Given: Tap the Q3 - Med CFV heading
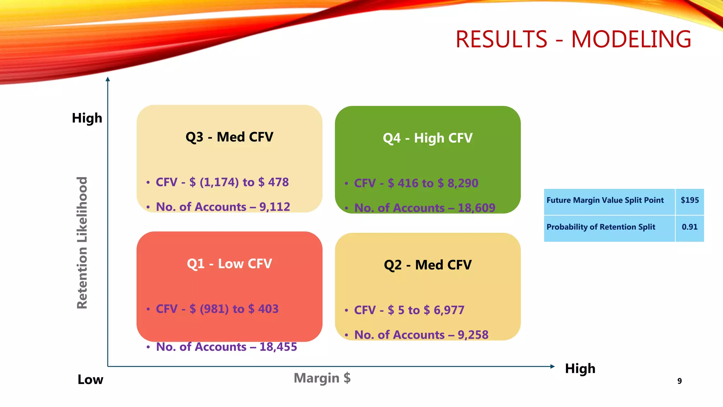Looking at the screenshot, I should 229,137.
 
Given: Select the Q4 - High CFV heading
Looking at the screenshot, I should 428,138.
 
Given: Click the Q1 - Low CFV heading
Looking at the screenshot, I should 229,264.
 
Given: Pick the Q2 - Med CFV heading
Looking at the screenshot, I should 428,265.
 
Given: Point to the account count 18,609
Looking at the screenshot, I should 476,208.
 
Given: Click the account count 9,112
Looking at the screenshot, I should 275,207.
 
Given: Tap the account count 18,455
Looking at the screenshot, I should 278,347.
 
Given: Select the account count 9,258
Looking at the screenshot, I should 473,335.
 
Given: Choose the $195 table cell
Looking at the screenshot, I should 689,200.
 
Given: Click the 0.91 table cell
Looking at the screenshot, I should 689,227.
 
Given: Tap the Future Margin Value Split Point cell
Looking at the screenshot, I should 605,200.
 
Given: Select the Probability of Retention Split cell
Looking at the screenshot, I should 601,227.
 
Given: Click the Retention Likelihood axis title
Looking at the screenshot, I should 82,243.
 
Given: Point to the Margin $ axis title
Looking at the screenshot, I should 322,378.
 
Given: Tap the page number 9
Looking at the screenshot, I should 679,381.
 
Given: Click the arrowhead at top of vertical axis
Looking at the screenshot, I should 108,79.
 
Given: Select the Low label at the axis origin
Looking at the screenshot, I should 90,379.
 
